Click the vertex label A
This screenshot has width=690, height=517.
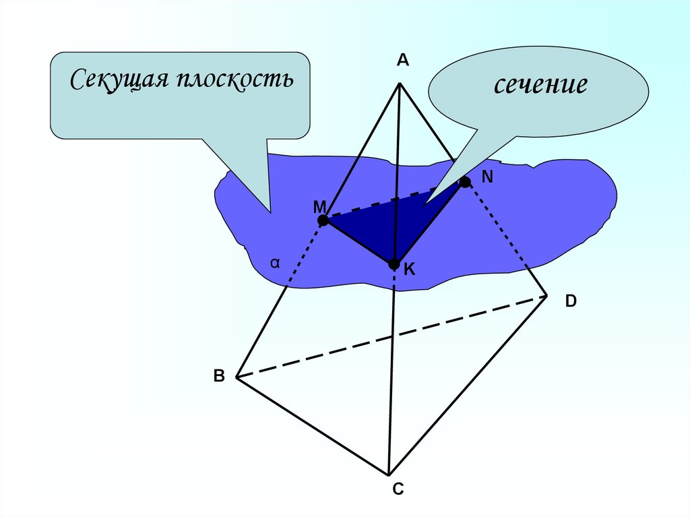pyautogui.click(x=402, y=61)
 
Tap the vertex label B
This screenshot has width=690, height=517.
pyautogui.click(x=219, y=376)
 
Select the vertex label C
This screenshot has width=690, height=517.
pyautogui.click(x=398, y=489)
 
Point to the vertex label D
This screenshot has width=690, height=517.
pyautogui.click(x=571, y=301)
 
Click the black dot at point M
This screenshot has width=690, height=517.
pyautogui.click(x=323, y=220)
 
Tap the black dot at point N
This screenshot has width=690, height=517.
pyautogui.click(x=465, y=182)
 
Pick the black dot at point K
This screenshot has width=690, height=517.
pyautogui.click(x=394, y=264)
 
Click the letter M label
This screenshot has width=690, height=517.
pyautogui.click(x=319, y=206)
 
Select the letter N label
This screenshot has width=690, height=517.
pyautogui.click(x=488, y=177)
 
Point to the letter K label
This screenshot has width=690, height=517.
pyautogui.click(x=410, y=270)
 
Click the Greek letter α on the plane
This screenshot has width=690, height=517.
pyautogui.click(x=275, y=264)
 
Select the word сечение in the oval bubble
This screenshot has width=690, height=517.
pyautogui.click(x=541, y=86)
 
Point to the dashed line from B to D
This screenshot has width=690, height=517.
pyautogui.click(x=391, y=337)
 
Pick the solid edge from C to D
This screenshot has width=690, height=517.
pyautogui.click(x=468, y=384)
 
